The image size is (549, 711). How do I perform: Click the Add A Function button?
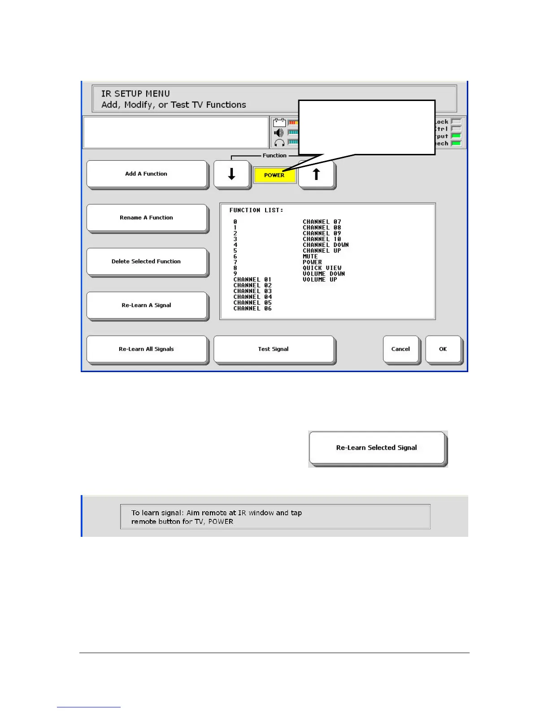[x=147, y=174]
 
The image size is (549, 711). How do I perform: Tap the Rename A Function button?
[x=147, y=218]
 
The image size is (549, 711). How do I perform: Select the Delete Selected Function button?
[x=147, y=261]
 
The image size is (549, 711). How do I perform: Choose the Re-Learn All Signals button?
[x=147, y=349]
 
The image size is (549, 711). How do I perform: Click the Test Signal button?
[x=274, y=349]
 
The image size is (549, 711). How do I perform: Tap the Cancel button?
[x=401, y=349]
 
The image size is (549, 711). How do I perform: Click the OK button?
[x=443, y=349]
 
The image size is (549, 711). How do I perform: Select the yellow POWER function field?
[x=274, y=175]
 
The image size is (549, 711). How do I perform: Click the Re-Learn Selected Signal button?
[x=377, y=448]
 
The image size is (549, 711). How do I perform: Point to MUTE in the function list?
[x=310, y=256]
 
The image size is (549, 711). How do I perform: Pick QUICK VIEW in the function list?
[x=322, y=268]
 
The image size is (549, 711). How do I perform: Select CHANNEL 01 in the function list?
[x=253, y=280]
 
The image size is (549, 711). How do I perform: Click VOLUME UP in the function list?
[x=320, y=280]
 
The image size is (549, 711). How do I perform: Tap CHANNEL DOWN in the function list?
[x=326, y=245]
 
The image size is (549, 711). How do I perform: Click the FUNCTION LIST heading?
[x=256, y=210]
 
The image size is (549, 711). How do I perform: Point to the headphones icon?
[x=279, y=143]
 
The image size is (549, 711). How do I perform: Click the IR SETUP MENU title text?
[x=135, y=94]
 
